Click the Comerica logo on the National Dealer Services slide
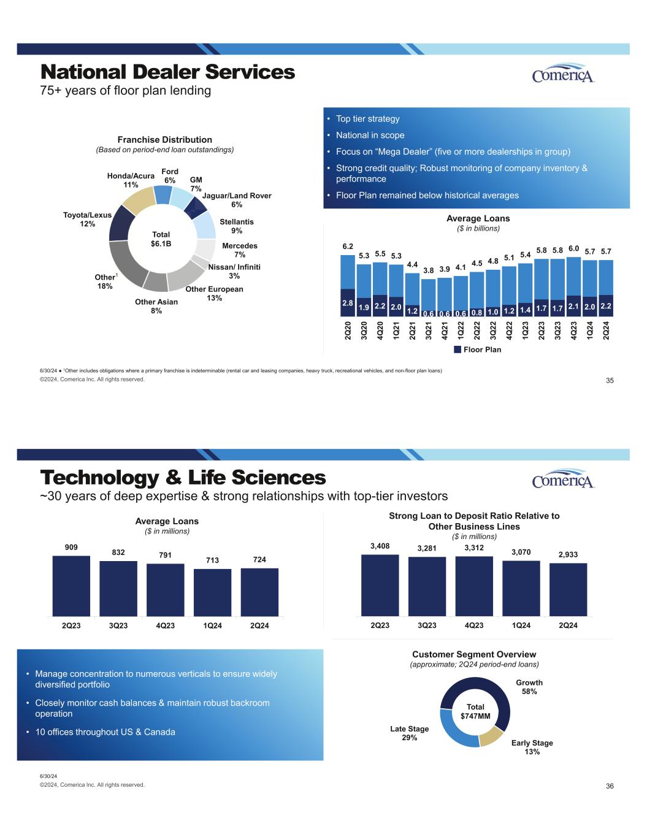563,74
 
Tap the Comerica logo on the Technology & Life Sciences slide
563,479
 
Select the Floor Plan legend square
457,350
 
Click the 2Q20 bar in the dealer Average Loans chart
348,285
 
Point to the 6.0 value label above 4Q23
573,248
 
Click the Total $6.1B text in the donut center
161,239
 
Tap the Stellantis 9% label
236,226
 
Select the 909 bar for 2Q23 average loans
71,586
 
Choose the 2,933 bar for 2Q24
568,589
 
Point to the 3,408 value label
380,546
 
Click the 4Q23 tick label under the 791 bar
166,625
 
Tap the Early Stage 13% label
532,747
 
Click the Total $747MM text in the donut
475,711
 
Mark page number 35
610,381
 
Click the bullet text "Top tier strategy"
367,119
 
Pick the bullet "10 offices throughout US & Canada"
105,732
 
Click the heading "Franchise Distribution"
164,140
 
